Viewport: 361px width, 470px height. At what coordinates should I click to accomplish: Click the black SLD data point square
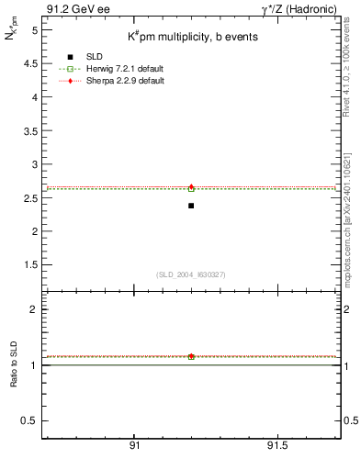click(191, 206)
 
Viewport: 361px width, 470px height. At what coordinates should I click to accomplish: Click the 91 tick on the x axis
click(134, 444)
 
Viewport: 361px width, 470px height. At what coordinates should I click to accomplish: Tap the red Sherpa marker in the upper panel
click(191, 186)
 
